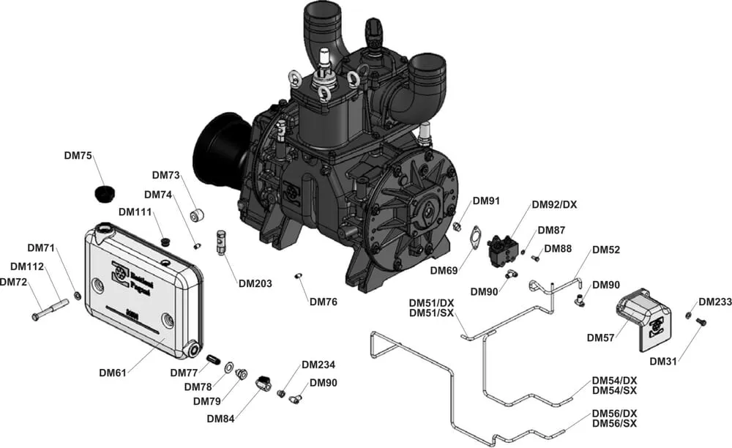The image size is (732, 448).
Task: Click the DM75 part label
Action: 78,155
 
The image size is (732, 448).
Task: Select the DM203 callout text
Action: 254,283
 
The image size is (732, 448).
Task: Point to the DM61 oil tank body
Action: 142,289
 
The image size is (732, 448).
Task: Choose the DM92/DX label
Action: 554,204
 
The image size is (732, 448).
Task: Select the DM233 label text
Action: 714,302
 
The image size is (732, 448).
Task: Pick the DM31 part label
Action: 664,362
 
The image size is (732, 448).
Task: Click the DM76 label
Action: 323,301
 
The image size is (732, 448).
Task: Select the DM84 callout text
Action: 220,419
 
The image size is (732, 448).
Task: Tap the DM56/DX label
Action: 614,413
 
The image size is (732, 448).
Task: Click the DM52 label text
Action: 606,250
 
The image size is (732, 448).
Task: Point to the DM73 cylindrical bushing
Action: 197,215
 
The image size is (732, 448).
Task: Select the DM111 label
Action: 135,212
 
